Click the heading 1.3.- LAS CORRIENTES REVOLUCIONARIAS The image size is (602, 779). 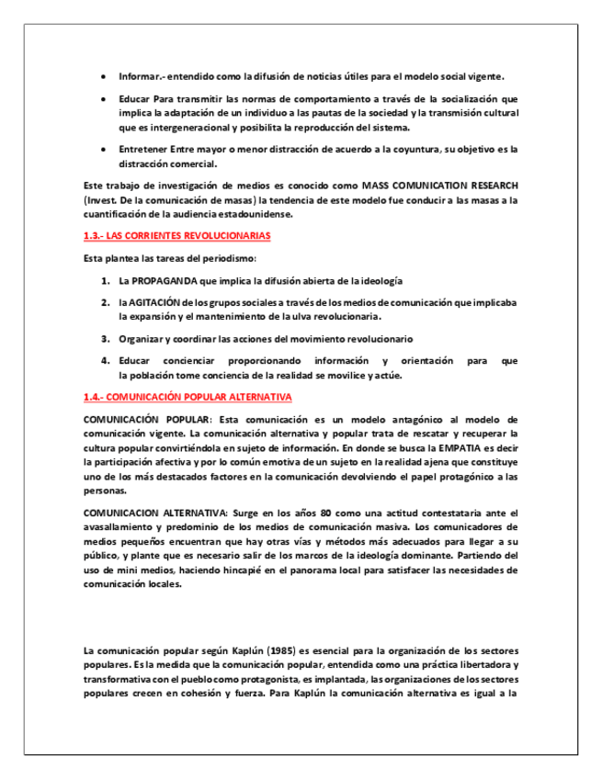coord(176,236)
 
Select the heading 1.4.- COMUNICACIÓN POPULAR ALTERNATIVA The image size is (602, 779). coord(187,397)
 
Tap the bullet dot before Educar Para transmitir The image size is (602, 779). coord(104,98)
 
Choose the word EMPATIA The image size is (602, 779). coord(443,448)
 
